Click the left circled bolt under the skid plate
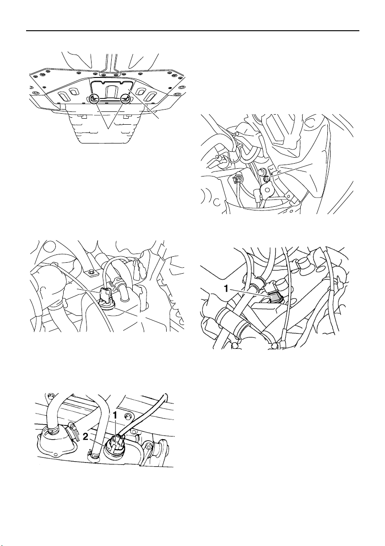(93, 99)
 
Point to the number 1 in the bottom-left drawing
(115, 415)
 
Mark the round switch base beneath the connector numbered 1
(114, 449)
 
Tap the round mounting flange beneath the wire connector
(107, 305)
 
